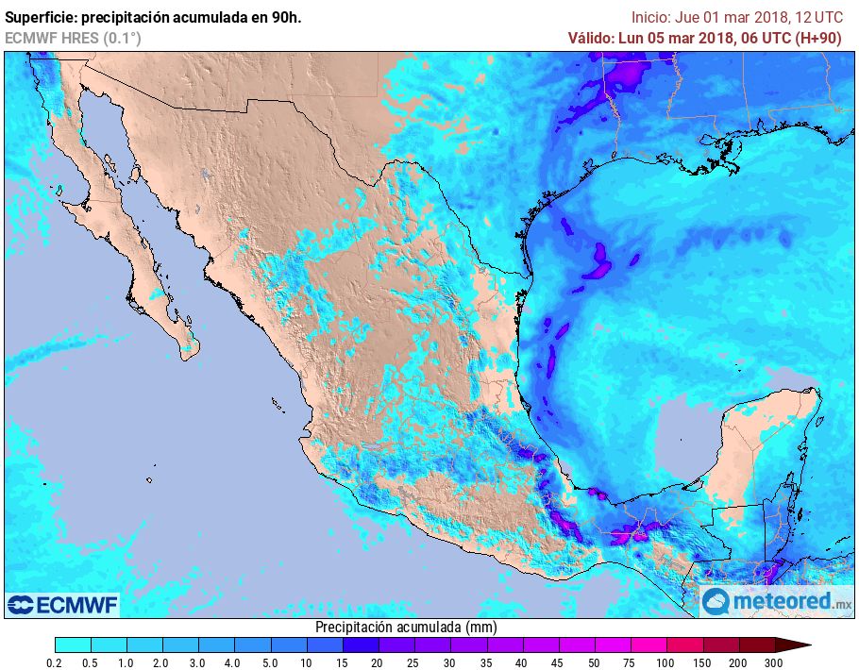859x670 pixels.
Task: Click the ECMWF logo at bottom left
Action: pos(62,604)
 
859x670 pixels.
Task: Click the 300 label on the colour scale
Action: pos(775,662)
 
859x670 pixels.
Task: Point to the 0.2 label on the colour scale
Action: pos(55,662)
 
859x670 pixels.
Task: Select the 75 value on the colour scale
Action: pos(631,662)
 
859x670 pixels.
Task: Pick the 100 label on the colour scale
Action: pos(666,662)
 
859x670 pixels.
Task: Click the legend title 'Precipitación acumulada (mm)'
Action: pos(406,627)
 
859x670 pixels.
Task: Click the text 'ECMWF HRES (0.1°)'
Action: pos(73,38)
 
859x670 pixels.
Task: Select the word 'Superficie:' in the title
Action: pos(43,17)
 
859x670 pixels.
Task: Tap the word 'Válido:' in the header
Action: pos(590,38)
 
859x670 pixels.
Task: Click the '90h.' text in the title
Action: pos(281,17)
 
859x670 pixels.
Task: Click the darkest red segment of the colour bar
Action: pos(757,645)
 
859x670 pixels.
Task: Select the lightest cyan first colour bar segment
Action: pos(73,645)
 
